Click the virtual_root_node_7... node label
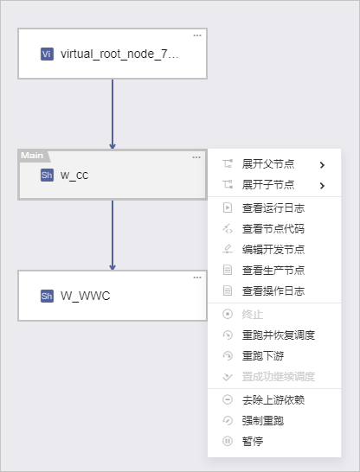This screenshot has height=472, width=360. (119, 54)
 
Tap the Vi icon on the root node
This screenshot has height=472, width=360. (47, 54)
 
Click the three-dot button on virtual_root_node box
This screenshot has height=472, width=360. (197, 35)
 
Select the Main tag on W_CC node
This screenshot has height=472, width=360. (32, 156)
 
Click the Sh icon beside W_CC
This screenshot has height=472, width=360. (47, 175)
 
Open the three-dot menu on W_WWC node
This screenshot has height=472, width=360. (197, 277)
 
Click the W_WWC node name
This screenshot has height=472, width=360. (86, 296)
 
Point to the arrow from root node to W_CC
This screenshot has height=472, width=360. (112, 114)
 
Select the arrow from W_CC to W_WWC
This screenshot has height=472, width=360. (112, 235)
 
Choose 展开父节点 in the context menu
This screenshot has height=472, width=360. (268, 164)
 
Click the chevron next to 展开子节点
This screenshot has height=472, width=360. (322, 185)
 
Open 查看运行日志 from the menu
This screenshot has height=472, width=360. (273, 208)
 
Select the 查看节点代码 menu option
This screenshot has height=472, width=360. (273, 229)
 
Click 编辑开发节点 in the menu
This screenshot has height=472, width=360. (273, 250)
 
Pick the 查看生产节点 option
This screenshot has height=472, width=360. (273, 271)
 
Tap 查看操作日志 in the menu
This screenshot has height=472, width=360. (273, 291)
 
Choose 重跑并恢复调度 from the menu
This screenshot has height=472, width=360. (279, 335)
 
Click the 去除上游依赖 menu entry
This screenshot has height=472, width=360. (273, 400)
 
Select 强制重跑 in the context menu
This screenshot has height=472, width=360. (263, 421)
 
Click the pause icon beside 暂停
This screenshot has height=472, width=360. (228, 441)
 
